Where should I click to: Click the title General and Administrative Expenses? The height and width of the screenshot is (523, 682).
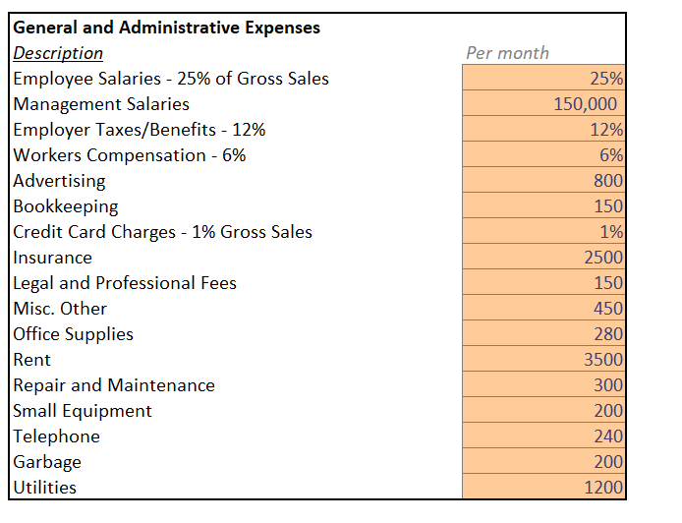click(x=167, y=28)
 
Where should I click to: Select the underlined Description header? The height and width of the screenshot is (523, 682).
click(x=58, y=53)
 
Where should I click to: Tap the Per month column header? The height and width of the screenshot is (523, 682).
click(x=508, y=53)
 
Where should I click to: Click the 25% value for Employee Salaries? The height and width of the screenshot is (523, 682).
click(x=606, y=79)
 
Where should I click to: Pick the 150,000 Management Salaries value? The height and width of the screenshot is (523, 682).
click(x=585, y=104)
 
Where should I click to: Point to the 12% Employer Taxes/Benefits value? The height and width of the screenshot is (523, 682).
click(x=606, y=130)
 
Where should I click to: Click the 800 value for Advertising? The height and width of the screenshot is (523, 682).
click(x=608, y=181)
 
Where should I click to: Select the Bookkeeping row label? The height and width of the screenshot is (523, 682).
click(x=66, y=206)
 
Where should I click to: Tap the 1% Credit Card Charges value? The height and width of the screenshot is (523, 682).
click(x=611, y=232)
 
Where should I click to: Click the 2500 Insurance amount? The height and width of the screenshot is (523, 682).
click(x=603, y=258)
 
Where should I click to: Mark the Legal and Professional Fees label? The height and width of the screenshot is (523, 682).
click(x=125, y=283)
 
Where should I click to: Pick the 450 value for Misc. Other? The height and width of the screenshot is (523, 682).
click(x=608, y=309)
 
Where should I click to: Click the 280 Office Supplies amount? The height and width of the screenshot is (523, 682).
click(x=608, y=334)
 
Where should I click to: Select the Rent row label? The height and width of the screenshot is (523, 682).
click(x=31, y=360)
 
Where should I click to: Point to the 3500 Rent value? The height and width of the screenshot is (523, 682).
click(x=603, y=360)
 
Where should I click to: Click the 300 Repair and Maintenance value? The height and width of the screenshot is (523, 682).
click(x=608, y=385)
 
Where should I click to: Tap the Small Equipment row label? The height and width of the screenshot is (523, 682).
click(x=83, y=411)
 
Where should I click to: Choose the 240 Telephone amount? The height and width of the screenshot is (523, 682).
click(x=608, y=436)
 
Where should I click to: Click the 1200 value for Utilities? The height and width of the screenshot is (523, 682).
click(x=603, y=488)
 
